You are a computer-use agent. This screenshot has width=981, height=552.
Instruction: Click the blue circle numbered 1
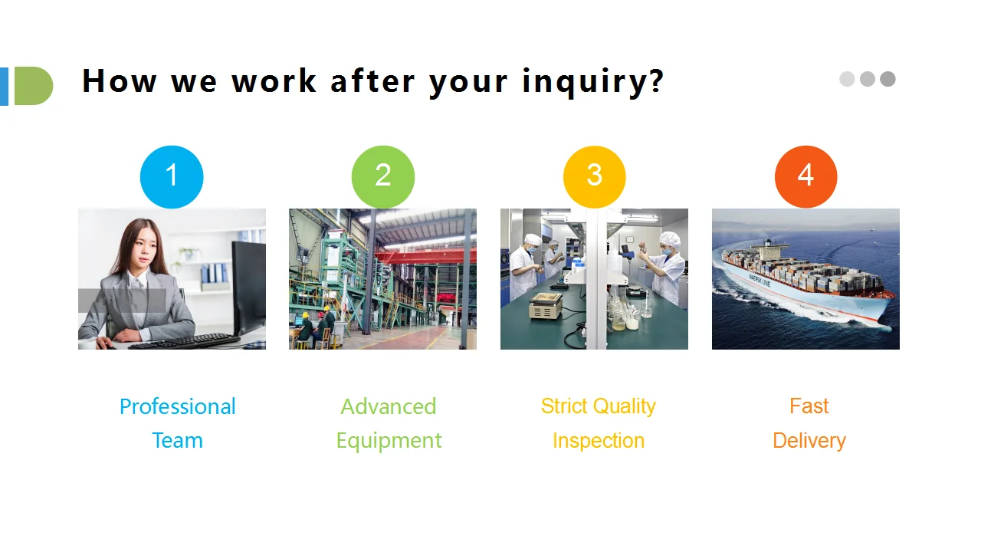click(x=172, y=176)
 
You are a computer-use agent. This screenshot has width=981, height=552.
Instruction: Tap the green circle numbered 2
click(x=383, y=176)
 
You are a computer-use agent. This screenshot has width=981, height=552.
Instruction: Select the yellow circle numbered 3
click(x=594, y=176)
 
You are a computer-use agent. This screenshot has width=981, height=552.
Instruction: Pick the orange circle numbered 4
click(x=805, y=176)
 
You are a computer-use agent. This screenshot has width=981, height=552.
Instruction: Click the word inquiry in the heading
click(x=585, y=81)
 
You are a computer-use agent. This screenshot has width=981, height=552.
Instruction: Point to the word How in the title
click(x=119, y=80)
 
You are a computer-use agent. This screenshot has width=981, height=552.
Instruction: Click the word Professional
click(x=177, y=406)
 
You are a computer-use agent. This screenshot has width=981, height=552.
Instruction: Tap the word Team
click(x=177, y=441)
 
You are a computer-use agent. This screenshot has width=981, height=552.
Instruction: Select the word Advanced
click(x=389, y=406)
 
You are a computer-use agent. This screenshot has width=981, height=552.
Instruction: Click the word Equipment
click(x=389, y=441)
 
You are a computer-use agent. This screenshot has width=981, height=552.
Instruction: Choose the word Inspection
click(x=599, y=441)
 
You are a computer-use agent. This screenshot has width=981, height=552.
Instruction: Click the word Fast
click(x=809, y=406)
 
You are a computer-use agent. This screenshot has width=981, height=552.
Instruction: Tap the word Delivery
click(x=809, y=441)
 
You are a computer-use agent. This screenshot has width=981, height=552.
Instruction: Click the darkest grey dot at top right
click(x=887, y=79)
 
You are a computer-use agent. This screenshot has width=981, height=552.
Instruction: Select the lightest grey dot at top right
click(x=847, y=79)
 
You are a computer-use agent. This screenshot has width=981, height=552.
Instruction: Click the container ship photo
click(x=805, y=279)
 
